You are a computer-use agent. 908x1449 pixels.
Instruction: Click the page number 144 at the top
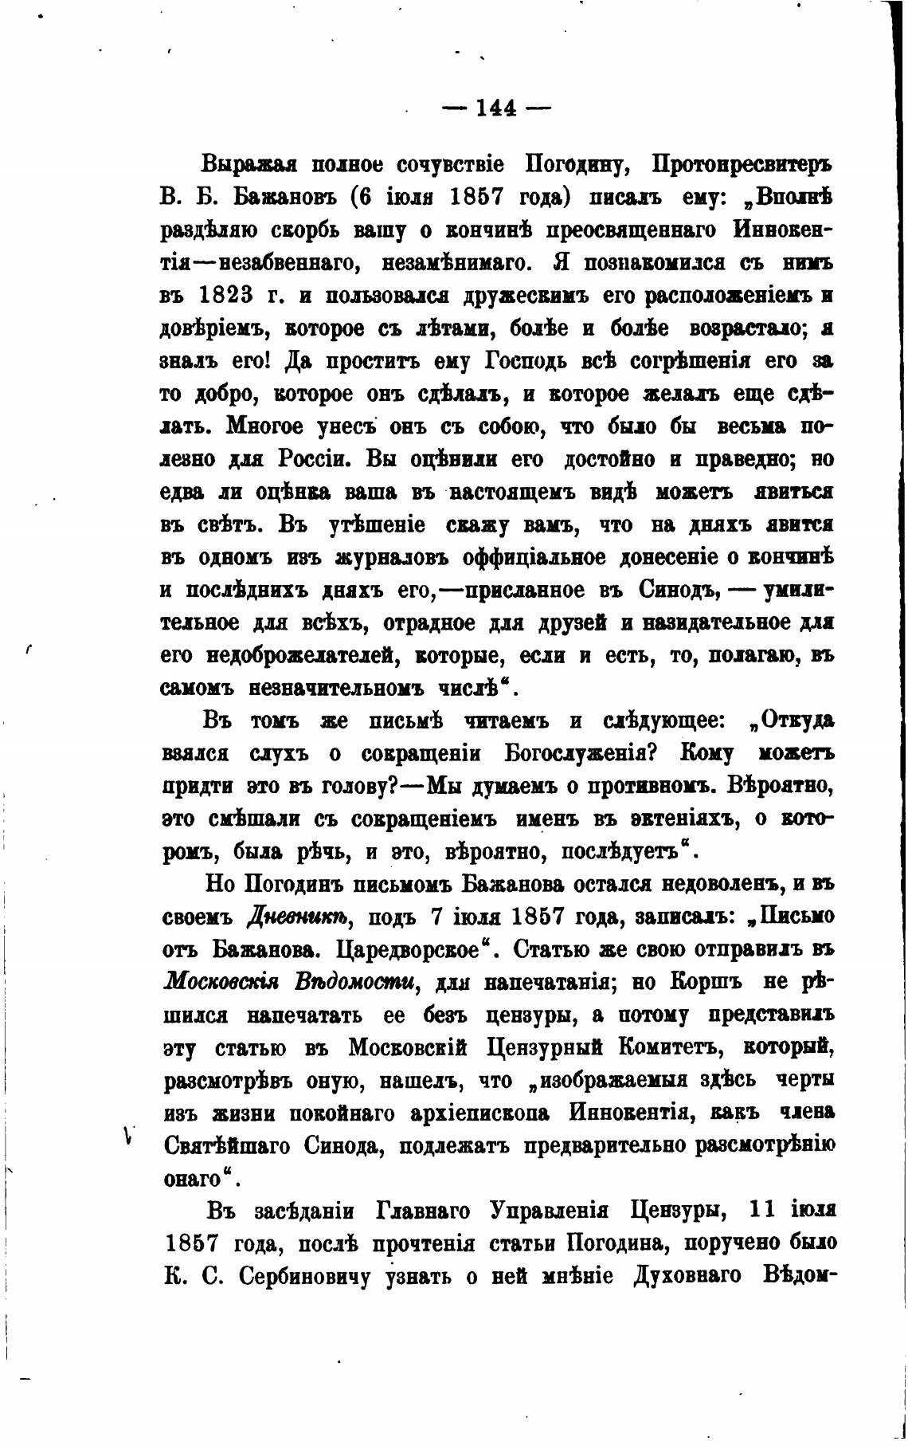(496, 108)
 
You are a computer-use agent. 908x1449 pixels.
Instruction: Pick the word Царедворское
(413, 950)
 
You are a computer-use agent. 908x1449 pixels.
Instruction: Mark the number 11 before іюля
(763, 1210)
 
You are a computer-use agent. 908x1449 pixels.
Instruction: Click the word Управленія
(549, 1211)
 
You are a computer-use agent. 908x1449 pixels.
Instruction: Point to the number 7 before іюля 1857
(435, 917)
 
